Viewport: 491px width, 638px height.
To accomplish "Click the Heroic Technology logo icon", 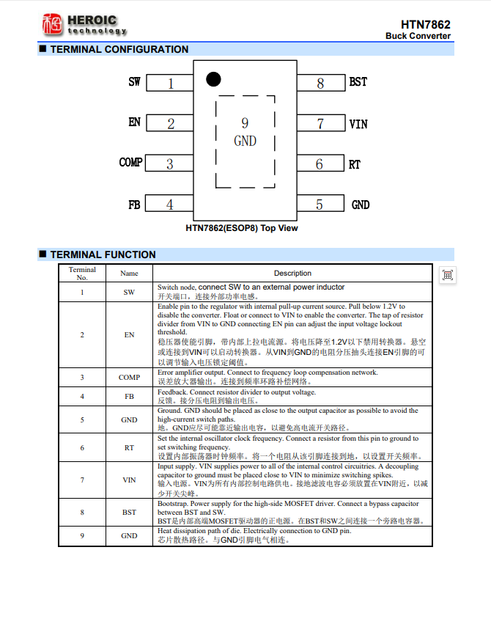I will coord(52,25).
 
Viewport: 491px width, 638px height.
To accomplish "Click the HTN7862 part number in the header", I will coord(426,24).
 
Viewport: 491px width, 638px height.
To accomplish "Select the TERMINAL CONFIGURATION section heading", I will coord(119,49).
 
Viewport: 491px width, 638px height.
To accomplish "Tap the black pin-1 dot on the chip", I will coord(213,78).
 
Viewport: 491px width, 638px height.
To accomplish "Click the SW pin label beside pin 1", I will coord(134,81).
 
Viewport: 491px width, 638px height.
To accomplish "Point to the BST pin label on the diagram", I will coord(358,81).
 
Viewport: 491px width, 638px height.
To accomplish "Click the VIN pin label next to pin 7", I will coord(358,124).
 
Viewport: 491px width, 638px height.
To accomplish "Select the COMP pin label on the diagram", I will coord(130,162).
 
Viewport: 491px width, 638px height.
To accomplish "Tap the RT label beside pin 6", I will coord(355,164).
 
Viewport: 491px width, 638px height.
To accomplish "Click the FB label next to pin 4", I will coord(134,205).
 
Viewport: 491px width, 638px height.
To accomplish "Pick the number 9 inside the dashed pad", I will coord(245,123).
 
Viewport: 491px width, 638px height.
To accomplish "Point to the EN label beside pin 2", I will coord(134,122).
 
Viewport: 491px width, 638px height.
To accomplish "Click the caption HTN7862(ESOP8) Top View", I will coord(242,228).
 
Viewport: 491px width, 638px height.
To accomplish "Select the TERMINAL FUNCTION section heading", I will coord(103,254).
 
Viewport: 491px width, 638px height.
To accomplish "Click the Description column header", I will coord(292,273).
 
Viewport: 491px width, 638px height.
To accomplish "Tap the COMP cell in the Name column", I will coord(129,378).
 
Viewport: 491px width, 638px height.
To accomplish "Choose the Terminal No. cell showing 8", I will coord(82,512).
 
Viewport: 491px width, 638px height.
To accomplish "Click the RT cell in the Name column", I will coord(129,447).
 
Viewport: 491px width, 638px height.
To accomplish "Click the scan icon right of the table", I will coord(448,275).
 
